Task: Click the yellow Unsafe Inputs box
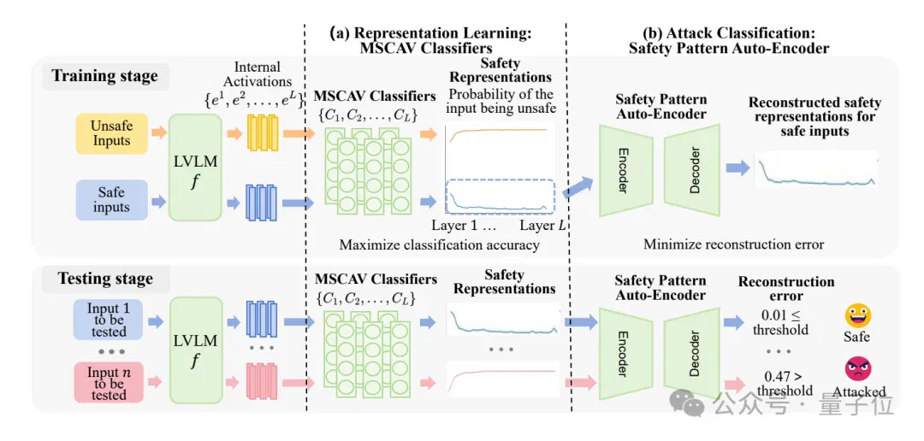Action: (111, 134)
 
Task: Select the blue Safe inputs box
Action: (111, 200)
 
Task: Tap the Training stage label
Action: (105, 76)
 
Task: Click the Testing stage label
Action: (105, 279)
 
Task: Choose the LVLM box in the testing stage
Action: (195, 350)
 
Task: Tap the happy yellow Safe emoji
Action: (858, 315)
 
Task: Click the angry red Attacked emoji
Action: (858, 368)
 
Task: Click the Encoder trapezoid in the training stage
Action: (625, 170)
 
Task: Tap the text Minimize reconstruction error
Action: (734, 244)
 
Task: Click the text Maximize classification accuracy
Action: (440, 244)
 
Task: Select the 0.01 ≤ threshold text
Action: (781, 321)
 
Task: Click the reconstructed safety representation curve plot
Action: (815, 169)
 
